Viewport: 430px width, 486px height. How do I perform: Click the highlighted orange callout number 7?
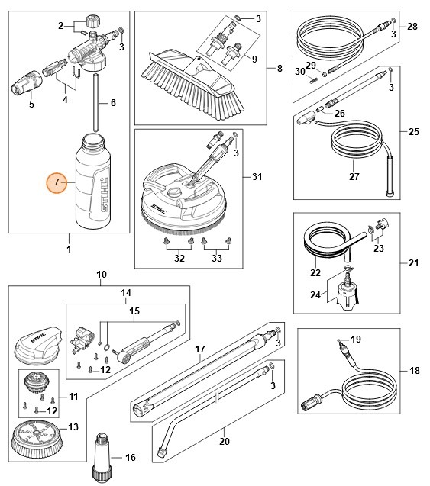[x=55, y=182]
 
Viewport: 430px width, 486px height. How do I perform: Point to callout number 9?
[x=254, y=59]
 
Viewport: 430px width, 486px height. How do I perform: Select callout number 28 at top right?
[x=412, y=27]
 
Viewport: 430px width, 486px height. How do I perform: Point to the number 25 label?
[x=412, y=132]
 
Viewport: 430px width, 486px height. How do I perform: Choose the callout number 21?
[x=412, y=263]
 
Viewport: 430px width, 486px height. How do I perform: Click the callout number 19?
[x=376, y=338]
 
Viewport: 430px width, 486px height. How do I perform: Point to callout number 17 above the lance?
[x=199, y=350]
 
